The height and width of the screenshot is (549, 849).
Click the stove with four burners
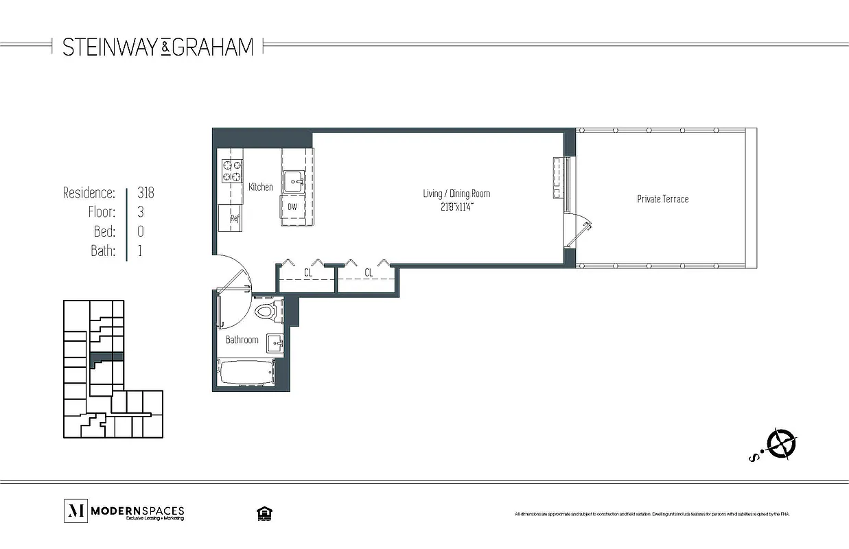pos(232,171)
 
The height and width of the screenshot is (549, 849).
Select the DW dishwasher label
pos(292,207)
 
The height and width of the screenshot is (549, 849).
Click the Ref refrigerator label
pos(234,219)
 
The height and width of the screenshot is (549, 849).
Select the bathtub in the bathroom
pos(246,373)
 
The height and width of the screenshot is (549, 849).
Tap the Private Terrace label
pos(662,199)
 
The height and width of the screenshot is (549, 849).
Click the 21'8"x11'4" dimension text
pos(456,205)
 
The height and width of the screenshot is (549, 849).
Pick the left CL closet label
pos(309,273)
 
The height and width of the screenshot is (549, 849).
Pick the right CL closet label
pos(369,273)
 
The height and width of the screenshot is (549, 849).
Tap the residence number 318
pos(146,193)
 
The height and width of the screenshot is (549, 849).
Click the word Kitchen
pos(261,187)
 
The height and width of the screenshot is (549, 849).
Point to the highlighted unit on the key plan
pos(106,357)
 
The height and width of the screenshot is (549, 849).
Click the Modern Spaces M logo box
pos(75,511)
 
